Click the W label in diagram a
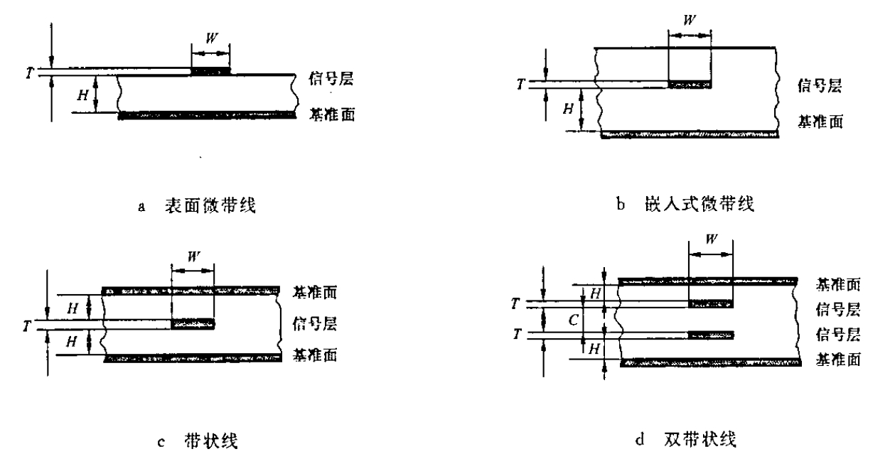coord(212,38)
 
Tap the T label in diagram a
coord(30,72)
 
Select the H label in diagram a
coord(82,95)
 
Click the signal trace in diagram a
coord(210,71)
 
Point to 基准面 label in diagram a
coord(332,114)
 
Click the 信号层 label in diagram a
coord(331,78)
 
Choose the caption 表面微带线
coord(210,205)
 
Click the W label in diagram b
coord(690,20)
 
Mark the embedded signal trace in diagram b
coord(690,85)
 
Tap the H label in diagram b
coord(568,108)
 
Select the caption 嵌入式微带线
coord(700,204)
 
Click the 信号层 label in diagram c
coord(314,323)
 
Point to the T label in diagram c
coord(26,326)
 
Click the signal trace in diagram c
coord(193,324)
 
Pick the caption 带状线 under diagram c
coord(211,441)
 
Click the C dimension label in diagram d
coord(574,320)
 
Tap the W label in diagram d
coord(712,239)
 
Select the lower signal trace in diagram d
coord(711,335)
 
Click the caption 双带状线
coord(700,440)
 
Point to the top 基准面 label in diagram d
coord(838,284)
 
